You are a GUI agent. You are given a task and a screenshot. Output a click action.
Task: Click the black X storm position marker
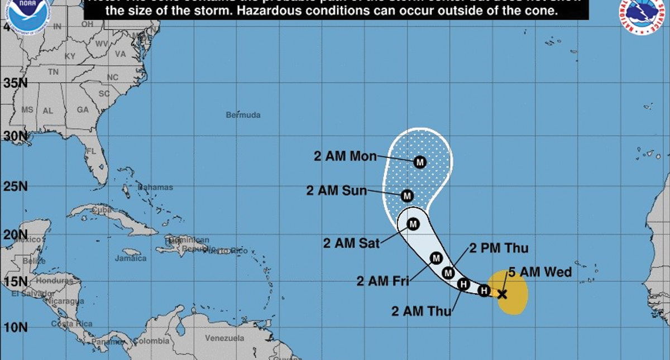click(501, 294)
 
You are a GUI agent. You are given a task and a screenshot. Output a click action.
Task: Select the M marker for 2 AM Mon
click(420, 162)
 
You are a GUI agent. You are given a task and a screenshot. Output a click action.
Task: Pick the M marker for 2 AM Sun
click(407, 196)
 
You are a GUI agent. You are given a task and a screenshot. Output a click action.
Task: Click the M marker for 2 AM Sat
click(413, 224)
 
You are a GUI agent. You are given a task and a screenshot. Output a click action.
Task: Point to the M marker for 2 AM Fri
click(437, 258)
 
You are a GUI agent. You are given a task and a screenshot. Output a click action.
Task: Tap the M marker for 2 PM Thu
click(448, 272)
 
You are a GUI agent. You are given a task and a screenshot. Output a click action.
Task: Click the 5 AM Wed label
click(539, 272)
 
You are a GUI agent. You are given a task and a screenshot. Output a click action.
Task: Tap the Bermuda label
click(243, 116)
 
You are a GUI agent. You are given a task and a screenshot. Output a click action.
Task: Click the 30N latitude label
click(15, 136)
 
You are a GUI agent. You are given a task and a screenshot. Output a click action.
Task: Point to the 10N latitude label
click(15, 327)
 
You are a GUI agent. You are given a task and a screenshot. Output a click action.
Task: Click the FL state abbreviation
click(91, 151)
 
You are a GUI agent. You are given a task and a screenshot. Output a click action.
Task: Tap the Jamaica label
click(130, 258)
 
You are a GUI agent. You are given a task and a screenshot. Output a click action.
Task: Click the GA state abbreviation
click(83, 110)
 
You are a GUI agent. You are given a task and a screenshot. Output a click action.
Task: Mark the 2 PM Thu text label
click(498, 248)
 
